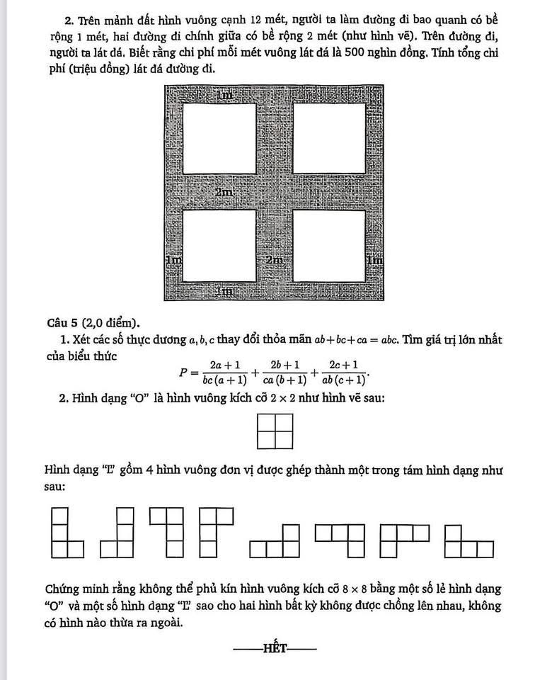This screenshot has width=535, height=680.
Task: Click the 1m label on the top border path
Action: [224, 95]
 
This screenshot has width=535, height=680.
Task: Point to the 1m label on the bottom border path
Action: [224, 290]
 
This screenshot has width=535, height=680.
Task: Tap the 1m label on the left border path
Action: [173, 261]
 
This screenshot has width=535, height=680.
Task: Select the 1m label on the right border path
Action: [374, 261]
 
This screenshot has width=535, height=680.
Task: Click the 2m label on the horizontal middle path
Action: [225, 192]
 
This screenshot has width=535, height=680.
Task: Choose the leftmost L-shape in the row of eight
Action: [67, 532]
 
